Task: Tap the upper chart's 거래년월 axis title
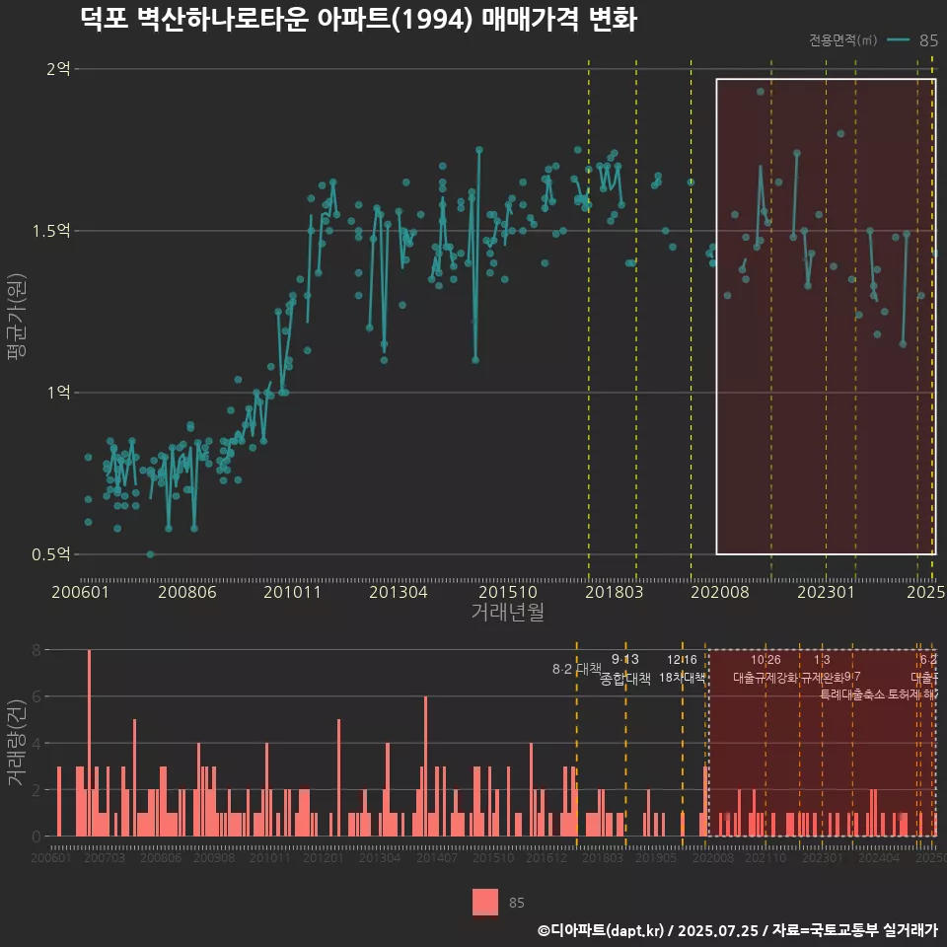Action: coord(507,612)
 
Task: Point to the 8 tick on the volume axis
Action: coord(36,650)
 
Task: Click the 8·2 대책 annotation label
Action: coord(576,669)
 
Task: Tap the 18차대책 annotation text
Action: coord(683,678)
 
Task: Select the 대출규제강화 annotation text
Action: coord(765,678)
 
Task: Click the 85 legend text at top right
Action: coord(927,40)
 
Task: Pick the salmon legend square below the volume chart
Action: coord(484,902)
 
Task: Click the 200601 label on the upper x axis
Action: coord(80,592)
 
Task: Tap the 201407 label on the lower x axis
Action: coord(435,858)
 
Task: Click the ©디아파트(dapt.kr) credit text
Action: coord(602,930)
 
